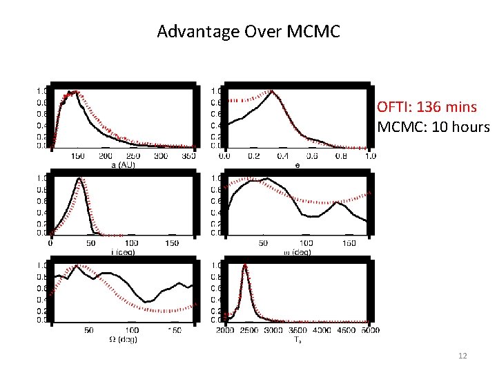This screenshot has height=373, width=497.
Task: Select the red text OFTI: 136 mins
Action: click(427, 108)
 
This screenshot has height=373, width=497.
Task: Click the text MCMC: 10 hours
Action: click(433, 128)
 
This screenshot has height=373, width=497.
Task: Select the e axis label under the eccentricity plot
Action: click(297, 166)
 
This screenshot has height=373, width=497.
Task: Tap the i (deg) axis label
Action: click(122, 252)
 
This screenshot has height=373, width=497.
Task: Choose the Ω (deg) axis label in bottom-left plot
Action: click(127, 339)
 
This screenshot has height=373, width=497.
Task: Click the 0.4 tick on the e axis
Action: click(283, 156)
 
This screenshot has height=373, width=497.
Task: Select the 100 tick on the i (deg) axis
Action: click(131, 243)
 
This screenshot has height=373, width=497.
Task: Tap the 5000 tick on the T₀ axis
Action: click(370, 331)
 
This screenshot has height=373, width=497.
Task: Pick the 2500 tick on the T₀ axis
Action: click(249, 331)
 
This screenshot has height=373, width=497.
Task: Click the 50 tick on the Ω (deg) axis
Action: click(89, 331)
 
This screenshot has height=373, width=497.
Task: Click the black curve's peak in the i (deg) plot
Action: click(80, 179)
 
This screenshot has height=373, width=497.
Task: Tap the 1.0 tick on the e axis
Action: click(370, 156)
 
